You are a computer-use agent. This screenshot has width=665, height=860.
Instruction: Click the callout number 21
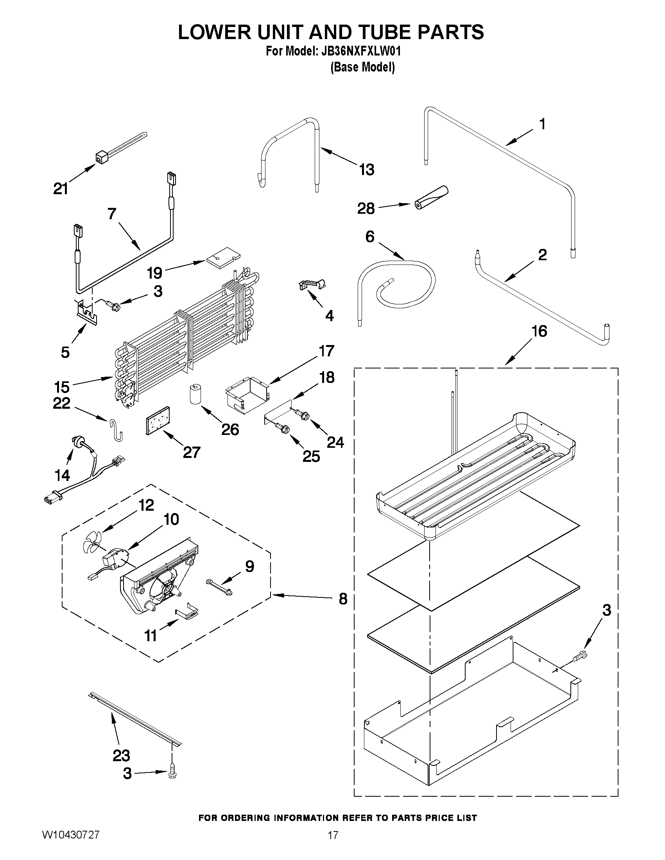[x=61, y=189]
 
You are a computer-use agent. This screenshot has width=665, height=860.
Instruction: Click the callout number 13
[x=366, y=170]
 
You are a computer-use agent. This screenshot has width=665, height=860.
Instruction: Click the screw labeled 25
[x=283, y=428]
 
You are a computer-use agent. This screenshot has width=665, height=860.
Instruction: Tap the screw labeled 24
[x=304, y=414]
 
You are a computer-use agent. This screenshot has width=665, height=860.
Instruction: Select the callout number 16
[x=539, y=331]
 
